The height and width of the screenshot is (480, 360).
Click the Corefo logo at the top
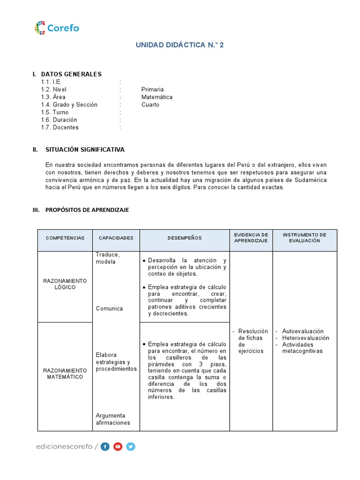point(57,28)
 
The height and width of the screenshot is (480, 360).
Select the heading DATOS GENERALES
point(71,74)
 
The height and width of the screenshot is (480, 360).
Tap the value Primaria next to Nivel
point(152,90)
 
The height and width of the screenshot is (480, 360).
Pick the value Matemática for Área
point(157,97)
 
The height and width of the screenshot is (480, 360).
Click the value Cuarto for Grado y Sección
point(150,105)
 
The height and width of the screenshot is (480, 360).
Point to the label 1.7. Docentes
point(60,127)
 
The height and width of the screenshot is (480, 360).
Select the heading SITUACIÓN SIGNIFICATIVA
point(85,150)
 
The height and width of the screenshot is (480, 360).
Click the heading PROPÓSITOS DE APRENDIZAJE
point(87,210)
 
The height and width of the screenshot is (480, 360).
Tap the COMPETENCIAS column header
point(65,238)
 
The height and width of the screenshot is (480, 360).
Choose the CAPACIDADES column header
point(116,238)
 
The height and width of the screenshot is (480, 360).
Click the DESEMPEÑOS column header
point(184,238)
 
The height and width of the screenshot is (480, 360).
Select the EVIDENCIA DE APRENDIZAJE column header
point(251,237)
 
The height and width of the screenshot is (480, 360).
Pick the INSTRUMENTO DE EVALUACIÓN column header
point(304,237)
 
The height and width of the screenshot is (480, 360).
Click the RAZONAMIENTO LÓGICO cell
point(65,284)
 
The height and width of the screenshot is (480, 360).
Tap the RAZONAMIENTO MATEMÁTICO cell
point(65,374)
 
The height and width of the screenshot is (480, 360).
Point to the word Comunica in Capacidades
point(109,308)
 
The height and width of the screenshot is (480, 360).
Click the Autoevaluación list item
point(302,331)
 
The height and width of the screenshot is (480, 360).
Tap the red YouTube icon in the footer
point(118,447)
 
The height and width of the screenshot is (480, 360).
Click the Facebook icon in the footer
point(105,447)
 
